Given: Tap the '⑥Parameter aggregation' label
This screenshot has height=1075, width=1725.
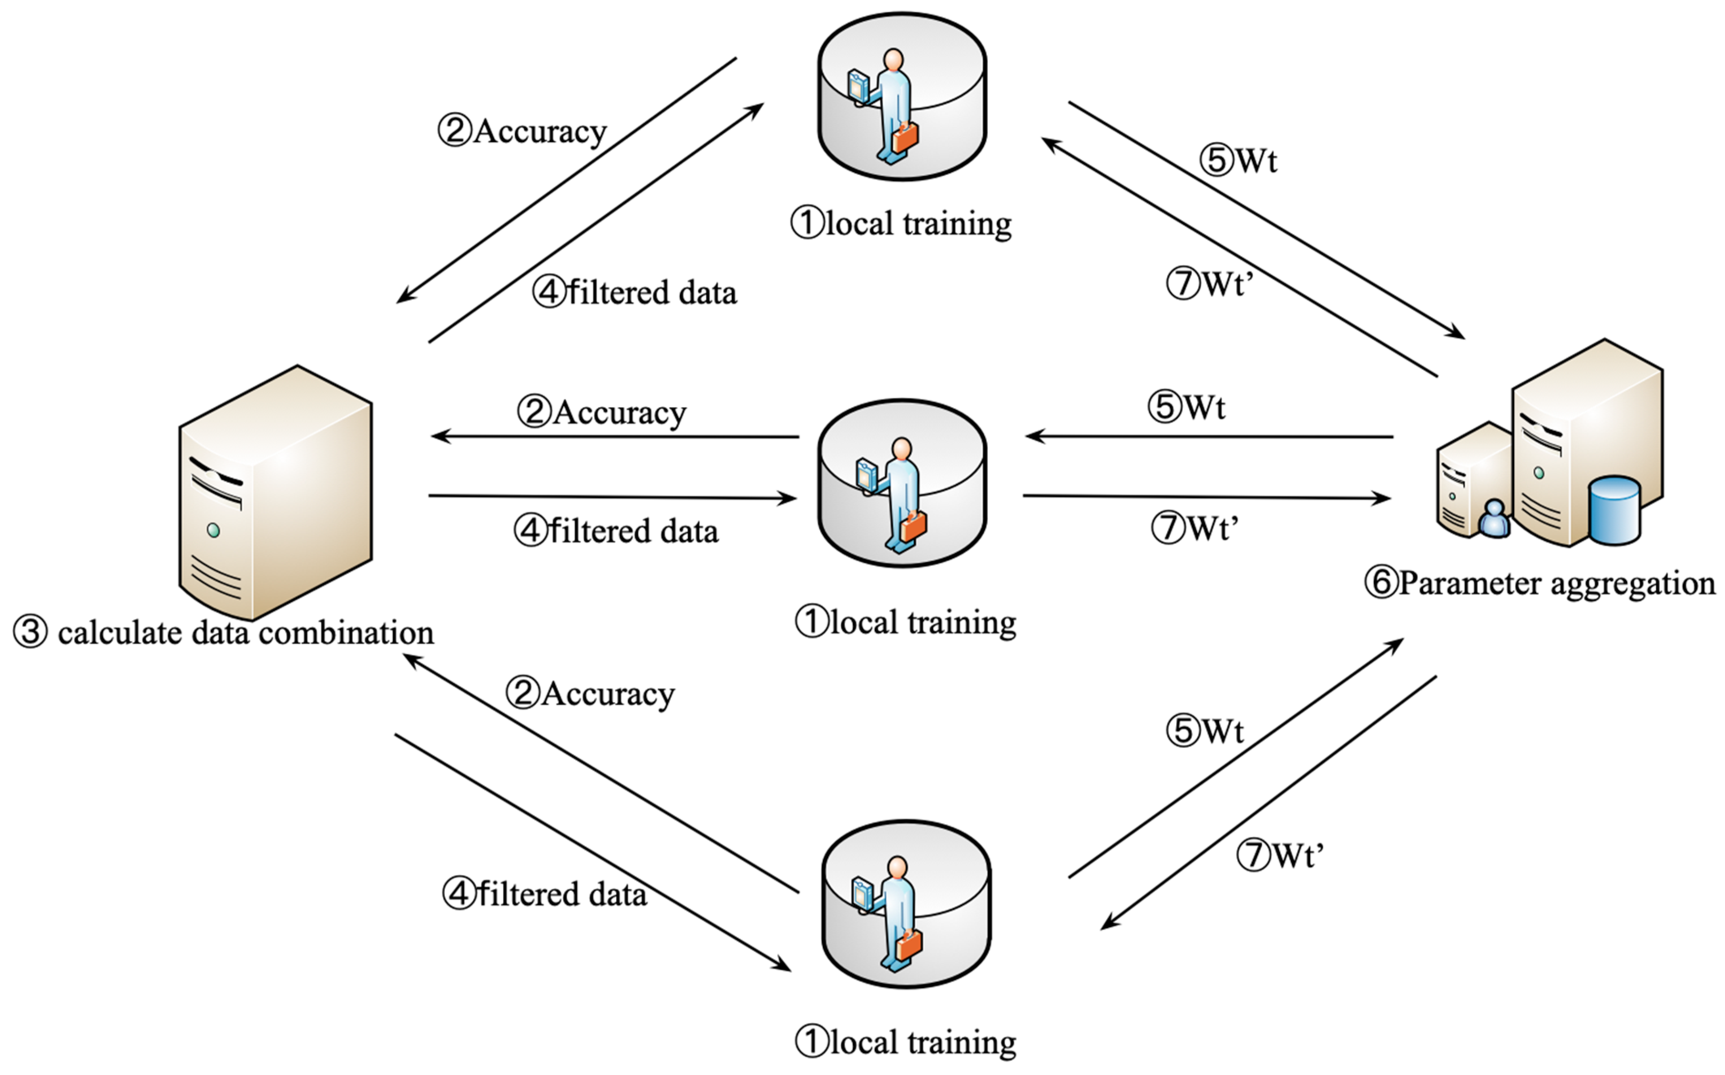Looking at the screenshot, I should point(1539,583).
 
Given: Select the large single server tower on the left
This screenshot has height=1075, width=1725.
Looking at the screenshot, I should point(276,492).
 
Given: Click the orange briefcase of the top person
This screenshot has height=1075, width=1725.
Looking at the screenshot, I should point(905,137).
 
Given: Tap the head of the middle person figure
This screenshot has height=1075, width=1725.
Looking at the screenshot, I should point(902,449).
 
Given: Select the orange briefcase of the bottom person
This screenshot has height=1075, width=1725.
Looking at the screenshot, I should point(908,945).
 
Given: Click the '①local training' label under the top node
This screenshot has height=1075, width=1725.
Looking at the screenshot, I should point(902,223).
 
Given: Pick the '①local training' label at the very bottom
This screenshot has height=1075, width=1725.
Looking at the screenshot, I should point(906,1042).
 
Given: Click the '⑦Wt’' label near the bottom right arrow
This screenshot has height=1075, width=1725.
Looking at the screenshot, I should point(1280,855).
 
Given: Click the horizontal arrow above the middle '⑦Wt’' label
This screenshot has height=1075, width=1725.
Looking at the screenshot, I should point(1207,497).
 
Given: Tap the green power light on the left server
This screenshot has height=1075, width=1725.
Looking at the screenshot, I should point(213,530).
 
